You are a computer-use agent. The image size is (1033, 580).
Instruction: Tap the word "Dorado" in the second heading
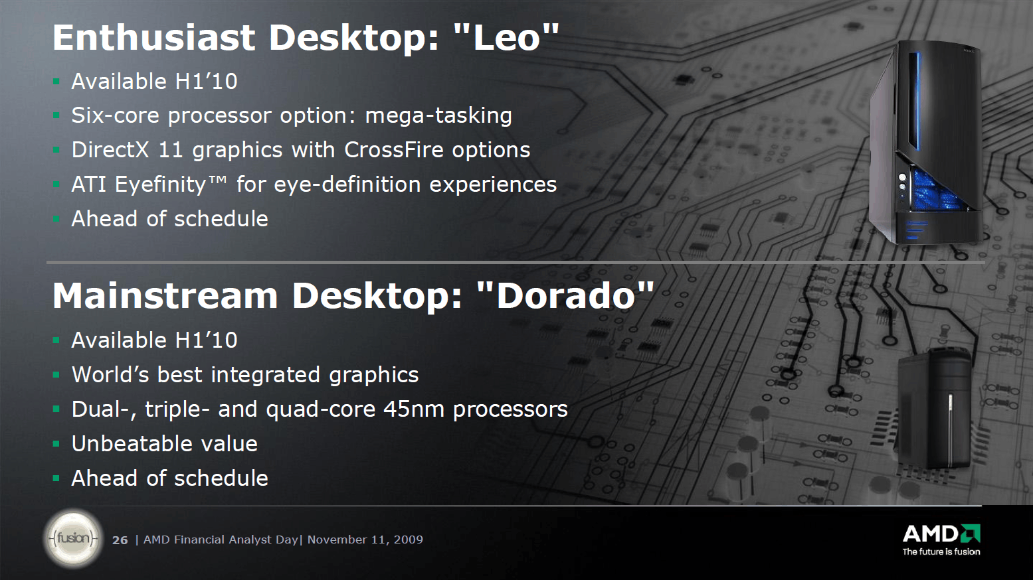566,296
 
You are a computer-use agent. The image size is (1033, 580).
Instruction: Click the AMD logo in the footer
941,534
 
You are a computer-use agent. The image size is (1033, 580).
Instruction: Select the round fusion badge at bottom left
73,538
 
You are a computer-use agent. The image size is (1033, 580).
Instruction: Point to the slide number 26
120,540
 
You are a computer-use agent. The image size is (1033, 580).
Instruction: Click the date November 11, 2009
365,540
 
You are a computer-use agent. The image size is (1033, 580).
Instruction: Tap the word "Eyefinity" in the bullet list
161,185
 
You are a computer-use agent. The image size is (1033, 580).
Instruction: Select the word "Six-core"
116,115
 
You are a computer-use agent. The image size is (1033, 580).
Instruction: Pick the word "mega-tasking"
438,116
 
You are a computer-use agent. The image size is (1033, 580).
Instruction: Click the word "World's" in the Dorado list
111,374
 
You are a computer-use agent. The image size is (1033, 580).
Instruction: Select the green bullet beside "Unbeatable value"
56,444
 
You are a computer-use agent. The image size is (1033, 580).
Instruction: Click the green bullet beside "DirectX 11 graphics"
56,150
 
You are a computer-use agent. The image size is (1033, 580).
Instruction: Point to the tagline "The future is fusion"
941,551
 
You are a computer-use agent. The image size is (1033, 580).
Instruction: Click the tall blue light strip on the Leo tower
917,102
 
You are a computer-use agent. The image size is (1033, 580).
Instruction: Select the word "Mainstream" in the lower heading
165,296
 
